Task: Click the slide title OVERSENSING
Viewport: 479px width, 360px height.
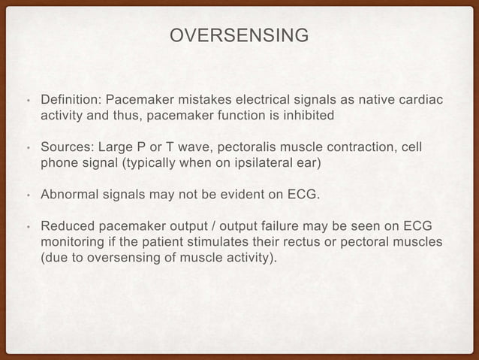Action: (239, 36)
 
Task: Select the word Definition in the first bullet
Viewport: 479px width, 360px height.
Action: (70, 100)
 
